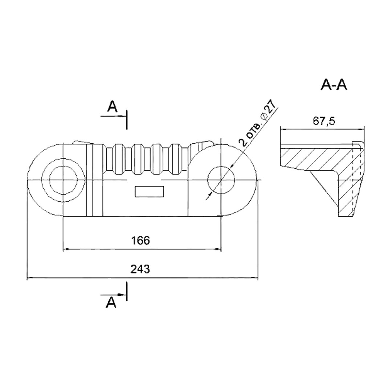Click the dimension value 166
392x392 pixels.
coord(140,241)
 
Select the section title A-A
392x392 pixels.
coord(334,85)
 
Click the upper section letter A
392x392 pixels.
coord(112,107)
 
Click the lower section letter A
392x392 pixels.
coord(111,303)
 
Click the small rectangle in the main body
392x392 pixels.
coord(150,192)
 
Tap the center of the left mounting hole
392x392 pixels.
coord(64,180)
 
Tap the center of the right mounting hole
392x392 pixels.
coord(221,180)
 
